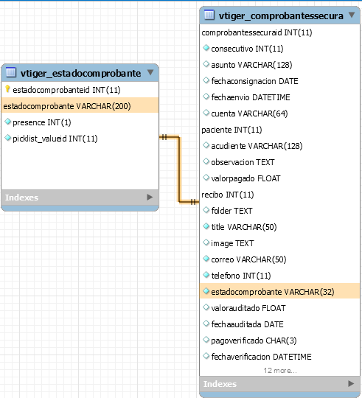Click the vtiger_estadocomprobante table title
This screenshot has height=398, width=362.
click(x=80, y=73)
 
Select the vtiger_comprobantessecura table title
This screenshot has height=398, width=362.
click(x=281, y=15)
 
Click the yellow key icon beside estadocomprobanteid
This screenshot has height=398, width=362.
click(x=7, y=89)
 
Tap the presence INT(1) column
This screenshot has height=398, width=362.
click(x=42, y=122)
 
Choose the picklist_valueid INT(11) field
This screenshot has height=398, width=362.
click(x=55, y=139)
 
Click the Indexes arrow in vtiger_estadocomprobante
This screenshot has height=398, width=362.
click(x=150, y=198)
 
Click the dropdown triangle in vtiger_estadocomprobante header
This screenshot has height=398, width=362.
click(x=150, y=72)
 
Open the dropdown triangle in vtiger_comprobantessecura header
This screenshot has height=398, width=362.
click(x=352, y=15)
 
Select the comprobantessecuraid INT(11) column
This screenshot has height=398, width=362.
click(x=257, y=32)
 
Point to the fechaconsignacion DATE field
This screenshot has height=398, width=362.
click(x=254, y=81)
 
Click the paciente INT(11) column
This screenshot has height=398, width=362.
click(x=232, y=130)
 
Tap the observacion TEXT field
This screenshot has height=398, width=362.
click(x=243, y=162)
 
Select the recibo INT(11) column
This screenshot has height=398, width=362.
click(x=228, y=195)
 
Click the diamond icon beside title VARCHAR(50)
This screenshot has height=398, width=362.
click(x=206, y=226)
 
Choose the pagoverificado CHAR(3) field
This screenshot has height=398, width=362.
click(x=254, y=341)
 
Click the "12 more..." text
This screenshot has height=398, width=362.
click(x=280, y=371)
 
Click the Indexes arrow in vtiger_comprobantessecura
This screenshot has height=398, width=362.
click(x=351, y=383)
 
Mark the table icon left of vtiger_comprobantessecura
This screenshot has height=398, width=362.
click(x=209, y=15)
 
